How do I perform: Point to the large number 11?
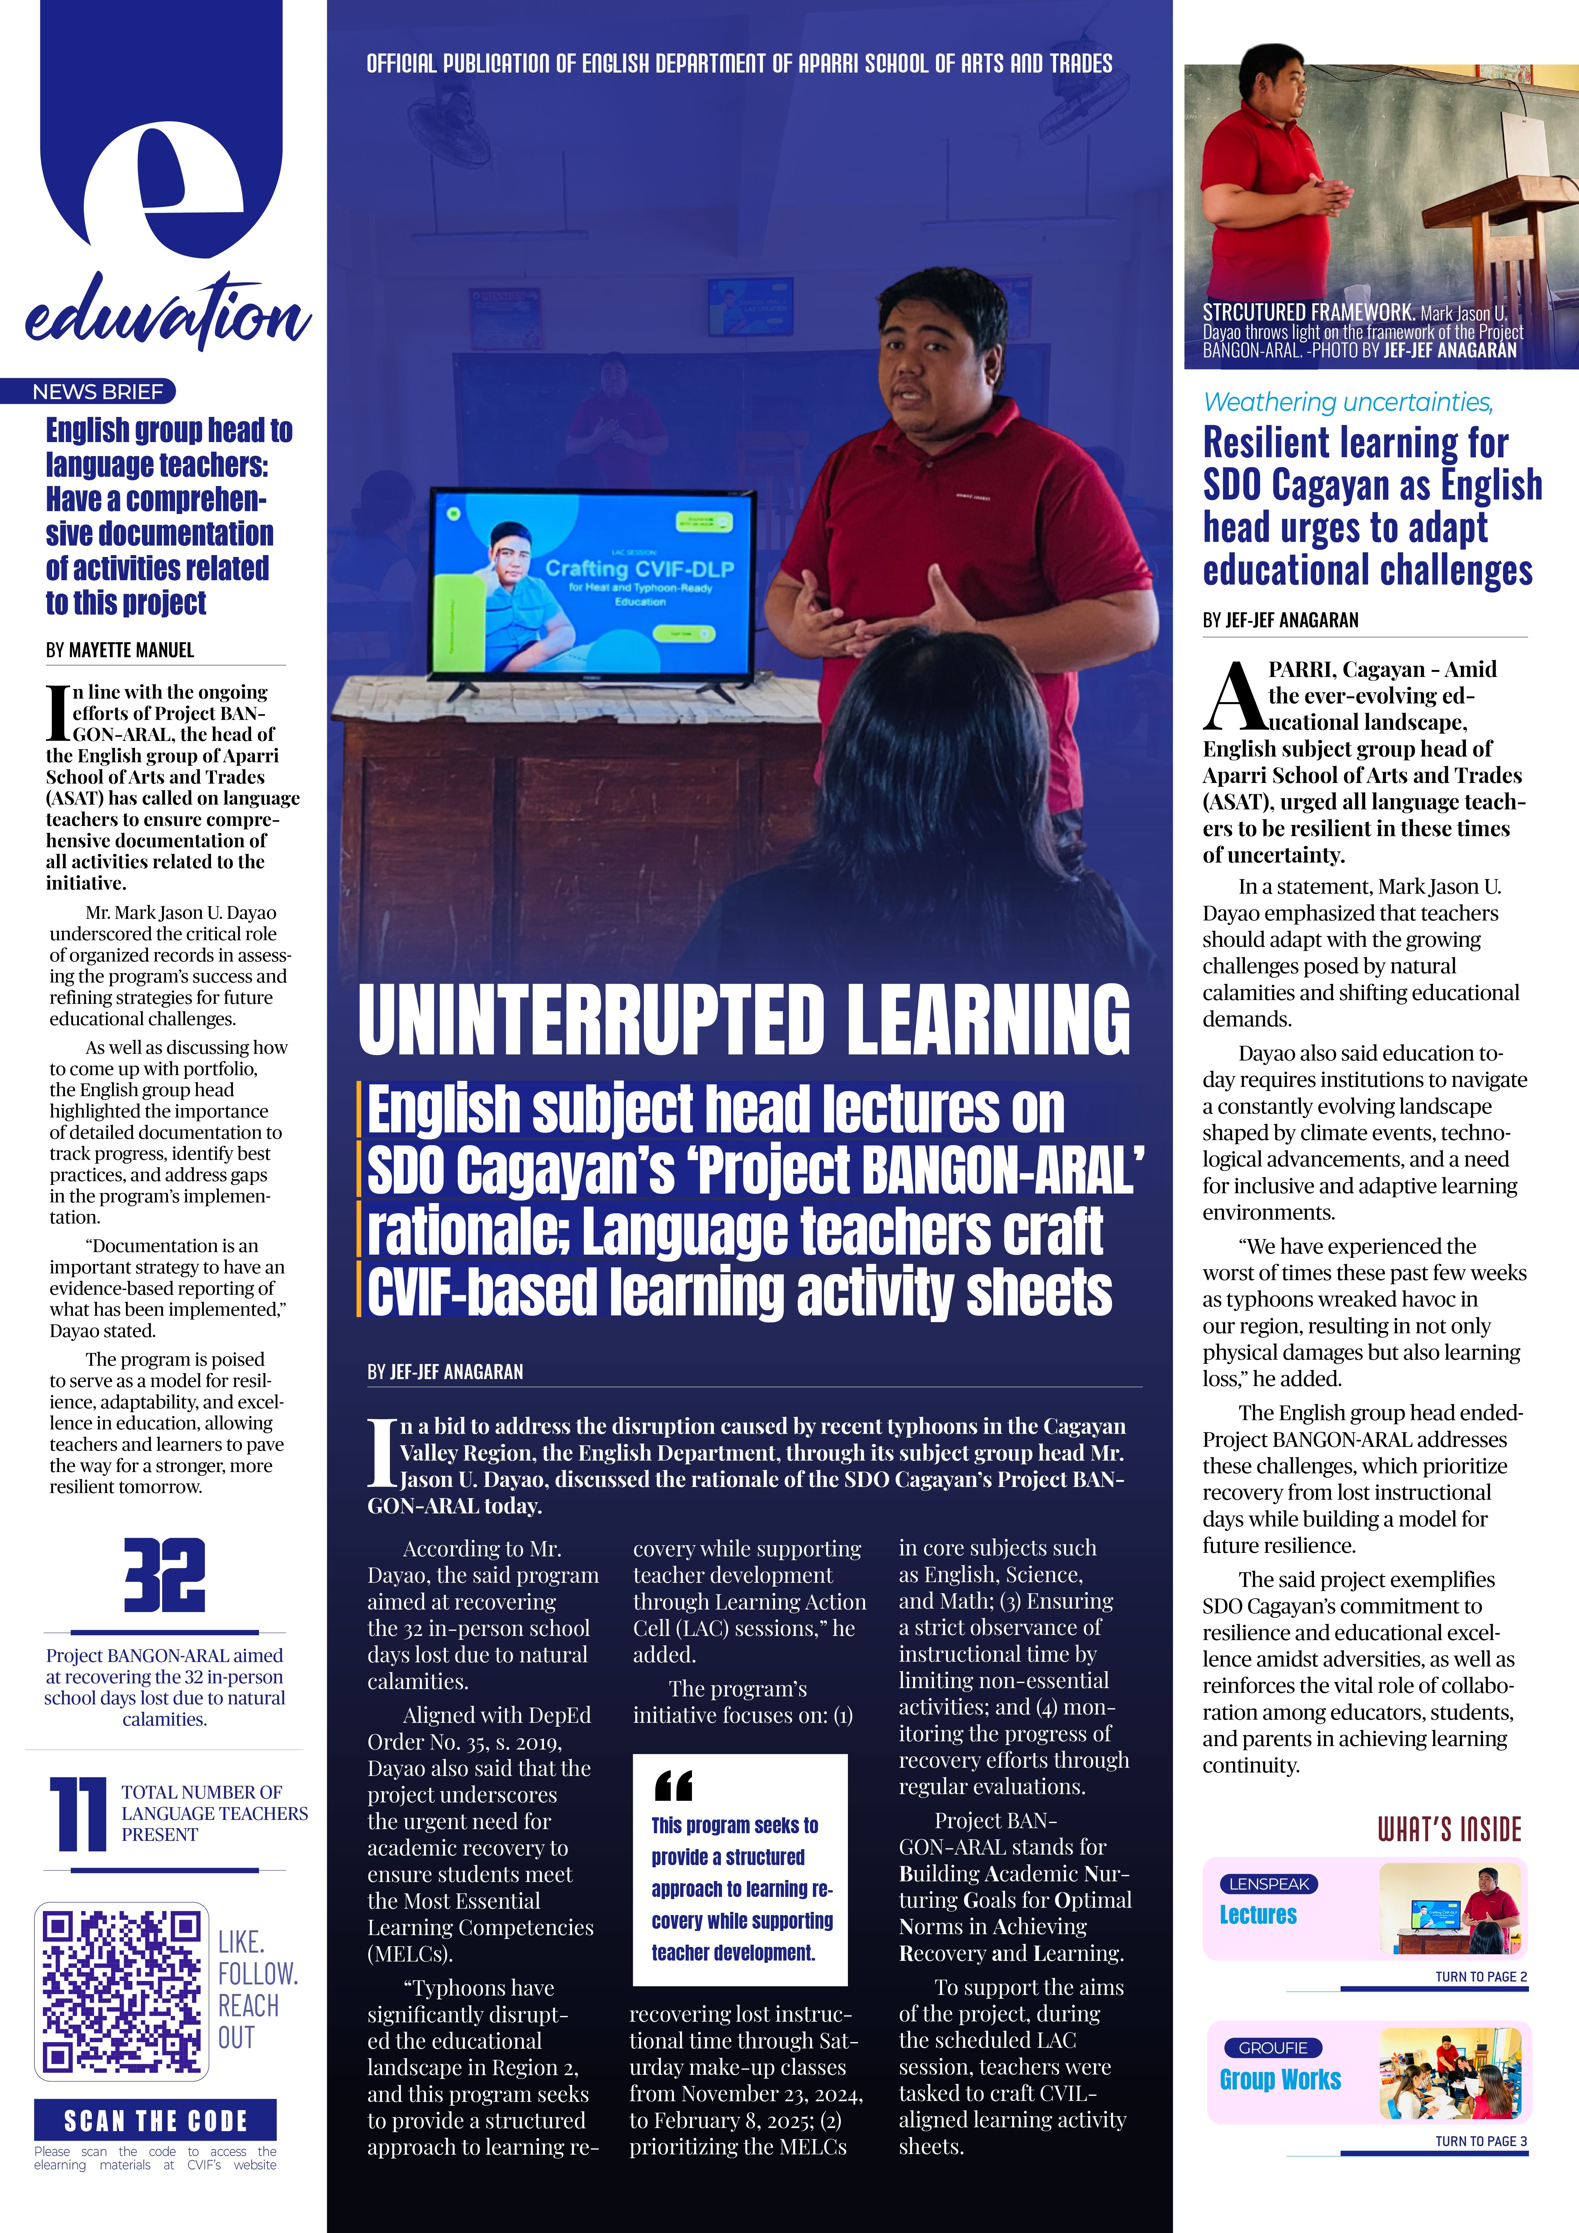pos(78,1814)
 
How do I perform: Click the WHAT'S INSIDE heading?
pos(1449,1829)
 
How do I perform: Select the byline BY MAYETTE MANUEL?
pos(120,650)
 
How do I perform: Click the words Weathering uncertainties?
pos(1348,402)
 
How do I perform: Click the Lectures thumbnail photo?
pos(1452,1909)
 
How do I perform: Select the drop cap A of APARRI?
pos(1233,696)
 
